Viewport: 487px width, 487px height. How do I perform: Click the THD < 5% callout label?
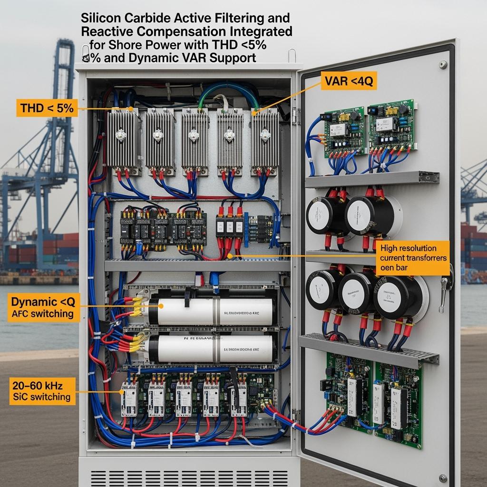[x=47, y=108]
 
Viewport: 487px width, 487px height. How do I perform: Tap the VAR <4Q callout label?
[x=349, y=82]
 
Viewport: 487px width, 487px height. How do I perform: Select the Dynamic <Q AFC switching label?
[x=42, y=307]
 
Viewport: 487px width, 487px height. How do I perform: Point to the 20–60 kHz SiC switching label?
[x=41, y=390]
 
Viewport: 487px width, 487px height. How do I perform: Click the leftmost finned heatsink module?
[x=122, y=138]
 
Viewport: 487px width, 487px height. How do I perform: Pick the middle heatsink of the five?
[x=195, y=138]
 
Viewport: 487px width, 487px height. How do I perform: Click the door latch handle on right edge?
[x=446, y=285]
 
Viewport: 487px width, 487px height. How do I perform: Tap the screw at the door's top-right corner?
[x=443, y=65]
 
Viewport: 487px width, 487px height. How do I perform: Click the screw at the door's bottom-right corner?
[x=443, y=477]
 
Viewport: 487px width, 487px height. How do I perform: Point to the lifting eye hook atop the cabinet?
[x=292, y=55]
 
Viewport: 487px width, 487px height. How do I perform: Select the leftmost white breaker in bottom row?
[x=129, y=399]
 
